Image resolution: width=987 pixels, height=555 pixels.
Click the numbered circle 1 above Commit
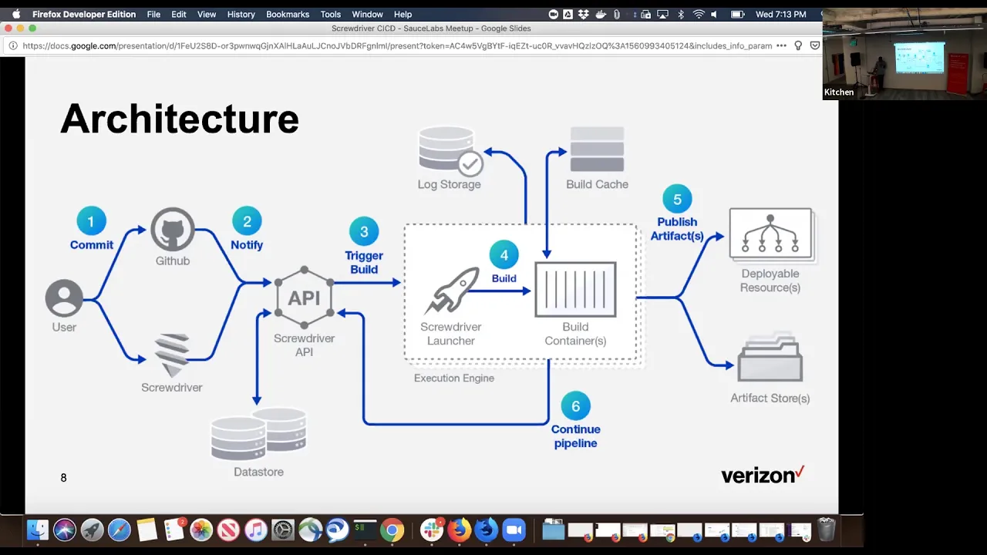coord(91,221)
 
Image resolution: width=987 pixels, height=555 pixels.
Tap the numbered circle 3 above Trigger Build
coord(364,232)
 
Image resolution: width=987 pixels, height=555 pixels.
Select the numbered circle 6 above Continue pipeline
coord(575,406)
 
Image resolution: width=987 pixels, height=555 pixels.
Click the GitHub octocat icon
coord(173,230)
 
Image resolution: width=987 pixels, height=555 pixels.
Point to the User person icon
coord(64,298)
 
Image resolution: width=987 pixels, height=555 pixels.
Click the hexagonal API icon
coord(304,298)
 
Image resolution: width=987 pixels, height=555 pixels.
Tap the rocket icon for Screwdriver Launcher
coord(452,291)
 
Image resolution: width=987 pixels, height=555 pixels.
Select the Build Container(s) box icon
coord(575,289)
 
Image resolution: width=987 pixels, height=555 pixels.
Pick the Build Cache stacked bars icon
coord(597,149)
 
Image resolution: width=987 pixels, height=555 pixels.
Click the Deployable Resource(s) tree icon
coord(772,235)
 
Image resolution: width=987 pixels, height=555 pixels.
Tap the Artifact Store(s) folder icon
coord(770,358)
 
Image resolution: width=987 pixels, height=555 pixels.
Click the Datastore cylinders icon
coord(258,434)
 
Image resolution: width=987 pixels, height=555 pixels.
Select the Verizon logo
coord(763,475)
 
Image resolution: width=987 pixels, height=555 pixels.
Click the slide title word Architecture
coord(180,119)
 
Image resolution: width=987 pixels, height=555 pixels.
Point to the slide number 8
coord(63,478)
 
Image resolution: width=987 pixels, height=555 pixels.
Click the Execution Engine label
coord(454,378)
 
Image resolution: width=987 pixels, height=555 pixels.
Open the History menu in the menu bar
coord(241,15)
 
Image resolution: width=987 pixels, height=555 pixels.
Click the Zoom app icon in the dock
coord(514,530)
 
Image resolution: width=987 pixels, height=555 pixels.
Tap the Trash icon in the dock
coord(827,530)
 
